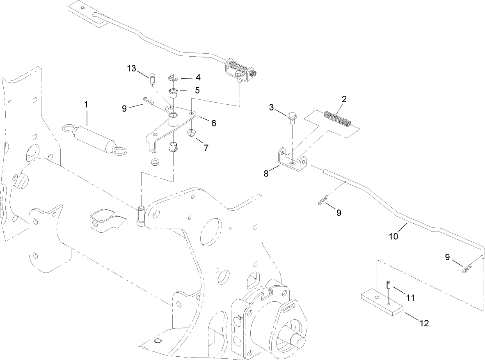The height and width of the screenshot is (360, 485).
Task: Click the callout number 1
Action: [86, 105]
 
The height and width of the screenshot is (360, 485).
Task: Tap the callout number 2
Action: [344, 99]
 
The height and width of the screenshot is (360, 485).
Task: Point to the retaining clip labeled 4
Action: [173, 78]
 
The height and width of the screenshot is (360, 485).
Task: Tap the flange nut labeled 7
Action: [191, 133]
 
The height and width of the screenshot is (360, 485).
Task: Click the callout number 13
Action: [131, 69]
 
